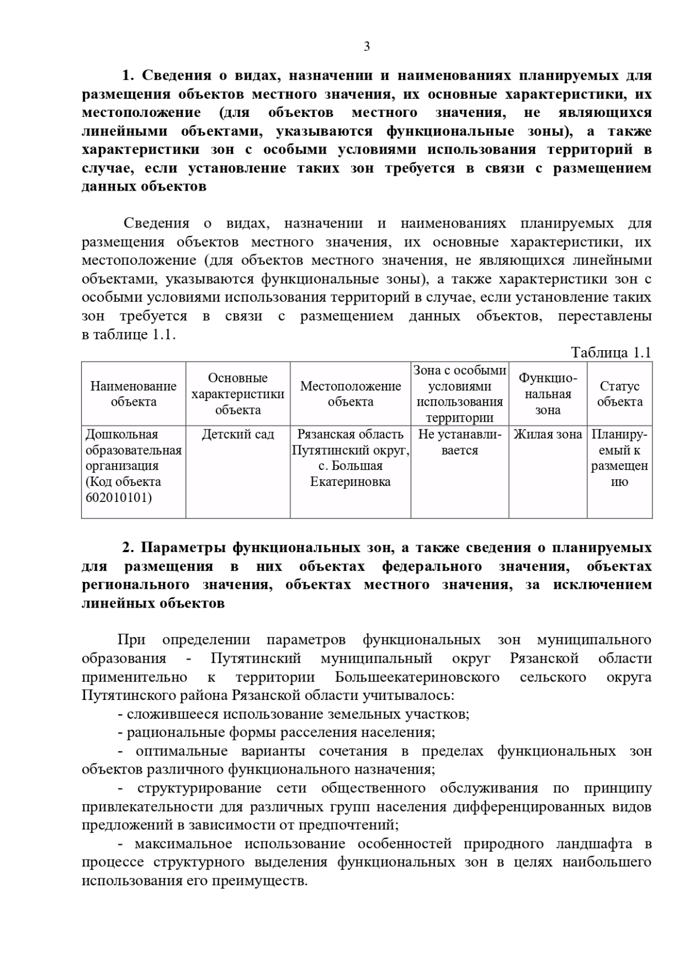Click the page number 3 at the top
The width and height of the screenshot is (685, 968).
point(366,47)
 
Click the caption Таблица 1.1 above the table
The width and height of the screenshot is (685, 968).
point(611,353)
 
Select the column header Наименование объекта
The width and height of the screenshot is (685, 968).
point(134,394)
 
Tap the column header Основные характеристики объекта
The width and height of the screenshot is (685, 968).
point(237,394)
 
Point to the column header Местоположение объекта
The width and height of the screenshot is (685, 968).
point(350,394)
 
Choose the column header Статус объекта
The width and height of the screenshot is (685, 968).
point(619,394)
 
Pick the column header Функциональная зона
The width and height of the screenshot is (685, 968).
point(547,394)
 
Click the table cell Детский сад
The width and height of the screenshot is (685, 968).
point(237,435)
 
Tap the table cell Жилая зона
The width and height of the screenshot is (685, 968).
point(547,435)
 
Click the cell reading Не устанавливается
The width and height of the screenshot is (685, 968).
point(460,442)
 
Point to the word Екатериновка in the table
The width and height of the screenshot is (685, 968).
point(350,482)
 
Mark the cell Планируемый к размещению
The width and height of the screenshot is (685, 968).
point(619,458)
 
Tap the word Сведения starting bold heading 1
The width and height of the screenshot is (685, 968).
point(176,76)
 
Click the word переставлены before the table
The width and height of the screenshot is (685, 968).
point(605,316)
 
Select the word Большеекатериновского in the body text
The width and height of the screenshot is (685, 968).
point(417,677)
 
